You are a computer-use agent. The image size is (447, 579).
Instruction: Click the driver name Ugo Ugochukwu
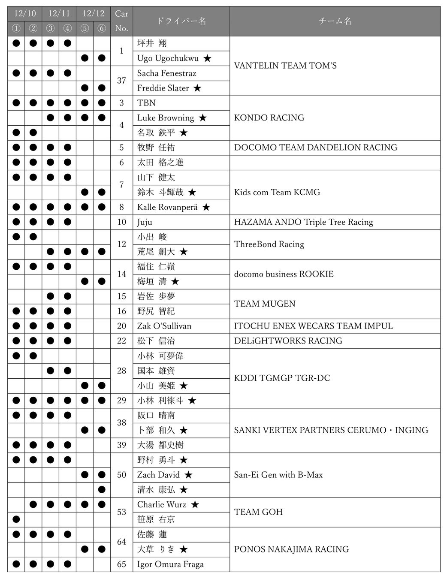pyautogui.click(x=168, y=58)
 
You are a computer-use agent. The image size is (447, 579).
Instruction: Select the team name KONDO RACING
pyautogui.click(x=269, y=118)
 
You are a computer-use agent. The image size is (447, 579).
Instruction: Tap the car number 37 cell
pyautogui.click(x=121, y=81)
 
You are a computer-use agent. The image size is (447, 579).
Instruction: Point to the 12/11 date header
pyautogui.click(x=59, y=13)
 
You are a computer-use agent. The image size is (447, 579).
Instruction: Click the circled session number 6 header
pyautogui.click(x=102, y=28)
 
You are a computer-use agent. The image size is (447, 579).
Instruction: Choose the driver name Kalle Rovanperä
pyautogui.click(x=167, y=207)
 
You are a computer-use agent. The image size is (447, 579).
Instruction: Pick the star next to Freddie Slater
pyautogui.click(x=197, y=88)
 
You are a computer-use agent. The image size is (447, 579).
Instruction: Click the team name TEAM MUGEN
pyautogui.click(x=265, y=304)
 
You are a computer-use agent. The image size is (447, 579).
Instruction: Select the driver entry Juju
pyautogui.click(x=145, y=222)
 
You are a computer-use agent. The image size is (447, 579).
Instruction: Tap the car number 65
pyautogui.click(x=121, y=564)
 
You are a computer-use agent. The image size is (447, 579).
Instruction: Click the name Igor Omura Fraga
pyautogui.click(x=170, y=564)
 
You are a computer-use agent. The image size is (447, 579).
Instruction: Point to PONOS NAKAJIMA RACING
pyautogui.click(x=291, y=549)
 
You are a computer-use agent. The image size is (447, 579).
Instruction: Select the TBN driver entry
pyautogui.click(x=146, y=103)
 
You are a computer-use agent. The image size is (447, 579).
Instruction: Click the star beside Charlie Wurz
pyautogui.click(x=195, y=505)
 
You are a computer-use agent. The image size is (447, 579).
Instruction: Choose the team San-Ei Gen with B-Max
pyautogui.click(x=278, y=475)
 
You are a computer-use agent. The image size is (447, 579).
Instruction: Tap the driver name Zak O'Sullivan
pyautogui.click(x=164, y=326)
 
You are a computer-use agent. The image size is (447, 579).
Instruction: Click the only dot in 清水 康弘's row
pyautogui.click(x=102, y=490)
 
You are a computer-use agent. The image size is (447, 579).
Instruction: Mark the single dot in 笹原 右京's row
pyautogui.click(x=16, y=519)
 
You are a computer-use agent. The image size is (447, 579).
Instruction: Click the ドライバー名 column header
pyautogui.click(x=181, y=21)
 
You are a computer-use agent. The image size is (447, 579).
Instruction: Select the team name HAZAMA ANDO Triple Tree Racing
pyautogui.click(x=303, y=222)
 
